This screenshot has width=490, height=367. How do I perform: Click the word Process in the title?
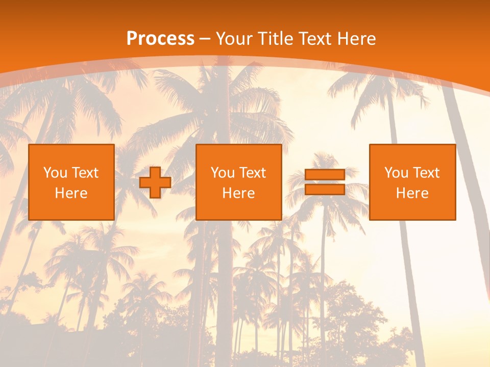[x=160, y=39]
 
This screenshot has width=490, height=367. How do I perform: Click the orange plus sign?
[x=155, y=182]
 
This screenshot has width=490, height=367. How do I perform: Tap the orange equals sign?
[x=325, y=182]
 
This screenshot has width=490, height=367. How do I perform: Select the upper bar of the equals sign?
[x=325, y=175]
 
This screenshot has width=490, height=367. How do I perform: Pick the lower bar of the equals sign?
[x=325, y=190]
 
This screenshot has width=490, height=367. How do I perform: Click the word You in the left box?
[x=54, y=173]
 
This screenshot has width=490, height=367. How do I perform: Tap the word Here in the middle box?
[x=238, y=193]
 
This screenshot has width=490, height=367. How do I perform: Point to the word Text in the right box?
[x=426, y=173]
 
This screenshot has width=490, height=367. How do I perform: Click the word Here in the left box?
[x=71, y=193]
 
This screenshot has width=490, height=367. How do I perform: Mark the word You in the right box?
[x=396, y=173]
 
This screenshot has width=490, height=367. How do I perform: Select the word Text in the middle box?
[x=253, y=173]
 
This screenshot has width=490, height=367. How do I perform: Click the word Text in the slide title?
[x=316, y=39]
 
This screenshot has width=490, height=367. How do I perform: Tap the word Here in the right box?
[x=412, y=193]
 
